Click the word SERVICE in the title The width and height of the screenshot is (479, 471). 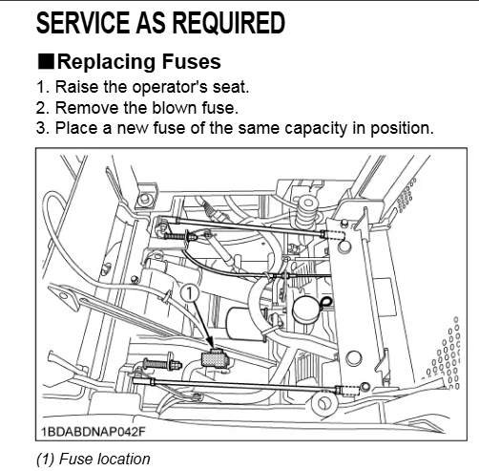pyautogui.click(x=83, y=23)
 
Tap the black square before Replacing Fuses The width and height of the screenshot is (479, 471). pyautogui.click(x=46, y=61)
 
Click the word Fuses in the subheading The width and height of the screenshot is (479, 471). pyautogui.click(x=192, y=61)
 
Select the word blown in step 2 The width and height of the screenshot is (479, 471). pyautogui.click(x=174, y=108)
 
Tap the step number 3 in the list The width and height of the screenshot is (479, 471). pyautogui.click(x=41, y=128)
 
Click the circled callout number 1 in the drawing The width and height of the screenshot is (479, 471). pyautogui.click(x=189, y=293)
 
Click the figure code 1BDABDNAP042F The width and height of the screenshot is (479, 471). pyautogui.click(x=94, y=432)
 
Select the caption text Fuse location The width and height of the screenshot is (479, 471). pyautogui.click(x=105, y=460)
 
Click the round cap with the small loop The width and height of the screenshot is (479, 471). pyautogui.click(x=306, y=310)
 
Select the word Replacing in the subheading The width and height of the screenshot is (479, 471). pyautogui.click(x=107, y=62)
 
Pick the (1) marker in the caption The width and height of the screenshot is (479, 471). pyautogui.click(x=46, y=460)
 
